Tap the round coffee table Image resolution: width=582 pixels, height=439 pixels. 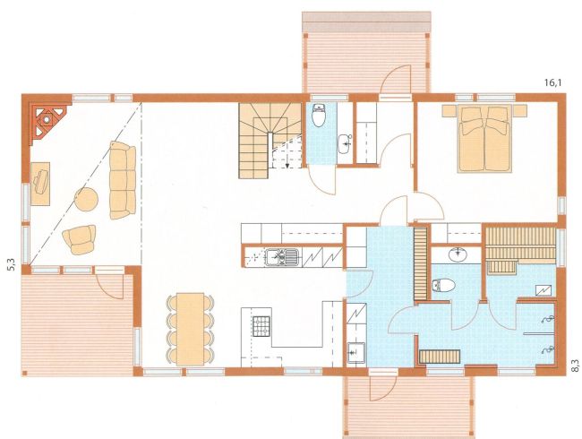click(x=87, y=200)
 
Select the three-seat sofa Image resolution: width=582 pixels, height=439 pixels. click(x=123, y=180)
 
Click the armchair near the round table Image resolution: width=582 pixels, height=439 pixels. click(x=80, y=239)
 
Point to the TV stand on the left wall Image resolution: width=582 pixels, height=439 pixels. click(x=40, y=184)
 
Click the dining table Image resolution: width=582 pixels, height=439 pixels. click(x=191, y=329)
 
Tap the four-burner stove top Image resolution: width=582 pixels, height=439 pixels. click(x=261, y=326)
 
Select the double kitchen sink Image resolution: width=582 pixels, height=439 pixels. click(x=282, y=257)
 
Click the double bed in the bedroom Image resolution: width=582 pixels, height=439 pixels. click(x=484, y=139)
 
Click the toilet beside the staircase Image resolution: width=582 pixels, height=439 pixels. click(x=319, y=116)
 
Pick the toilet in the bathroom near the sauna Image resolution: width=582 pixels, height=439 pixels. click(x=444, y=285)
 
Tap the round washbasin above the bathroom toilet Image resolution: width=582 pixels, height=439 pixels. click(x=458, y=254)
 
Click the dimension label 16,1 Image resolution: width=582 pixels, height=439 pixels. click(x=553, y=82)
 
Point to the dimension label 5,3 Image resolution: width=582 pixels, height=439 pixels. click(x=12, y=264)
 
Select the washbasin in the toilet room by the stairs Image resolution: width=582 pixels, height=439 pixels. click(x=345, y=144)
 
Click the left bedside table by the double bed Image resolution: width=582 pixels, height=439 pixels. click(x=450, y=109)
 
